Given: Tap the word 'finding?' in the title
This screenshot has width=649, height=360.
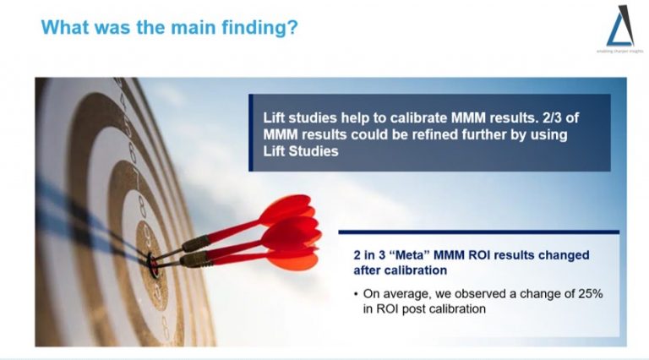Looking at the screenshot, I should coord(263,27).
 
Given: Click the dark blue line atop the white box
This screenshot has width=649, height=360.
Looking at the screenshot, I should coord(478,232).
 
